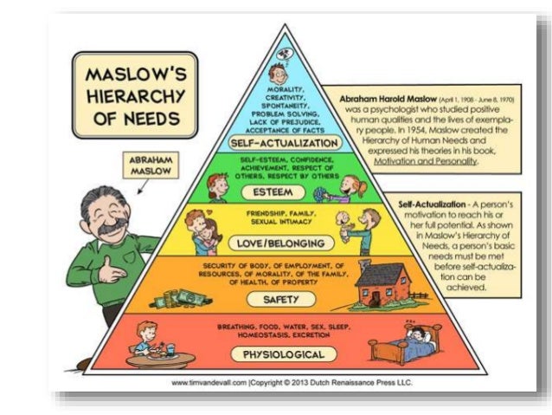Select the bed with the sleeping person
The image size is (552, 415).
coord(403,344)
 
